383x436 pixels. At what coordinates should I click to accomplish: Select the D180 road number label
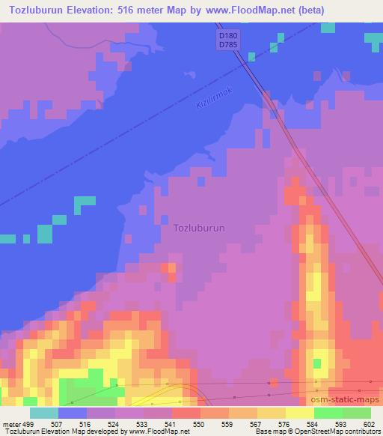coord(228,36)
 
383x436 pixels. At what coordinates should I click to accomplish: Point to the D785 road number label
coord(228,46)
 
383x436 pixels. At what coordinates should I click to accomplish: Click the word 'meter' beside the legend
coord(12,423)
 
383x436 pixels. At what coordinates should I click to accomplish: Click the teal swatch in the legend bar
coord(44,413)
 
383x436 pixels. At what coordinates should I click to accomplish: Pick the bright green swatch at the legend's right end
coord(357,413)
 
